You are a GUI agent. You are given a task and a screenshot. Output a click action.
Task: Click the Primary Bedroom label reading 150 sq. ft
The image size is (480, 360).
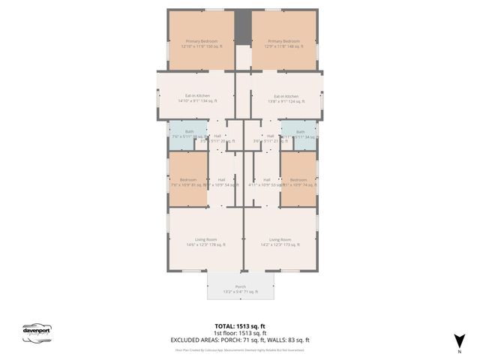pyautogui.click(x=202, y=43)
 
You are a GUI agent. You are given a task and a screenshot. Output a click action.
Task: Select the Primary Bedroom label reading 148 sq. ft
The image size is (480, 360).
pyautogui.click(x=283, y=43)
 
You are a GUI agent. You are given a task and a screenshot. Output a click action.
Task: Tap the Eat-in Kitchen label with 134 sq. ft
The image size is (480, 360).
pyautogui.click(x=197, y=98)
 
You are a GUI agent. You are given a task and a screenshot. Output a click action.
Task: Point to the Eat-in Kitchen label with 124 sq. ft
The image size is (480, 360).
pyautogui.click(x=286, y=98)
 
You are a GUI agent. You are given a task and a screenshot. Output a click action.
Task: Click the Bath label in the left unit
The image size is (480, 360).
pyautogui.click(x=188, y=134)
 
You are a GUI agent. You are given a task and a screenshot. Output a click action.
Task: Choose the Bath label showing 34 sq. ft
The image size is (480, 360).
pyautogui.click(x=301, y=134)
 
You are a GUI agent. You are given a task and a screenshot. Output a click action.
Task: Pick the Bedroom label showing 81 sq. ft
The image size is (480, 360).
pyautogui.click(x=188, y=182)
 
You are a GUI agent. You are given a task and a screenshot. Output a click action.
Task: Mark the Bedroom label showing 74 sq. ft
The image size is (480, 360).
pyautogui.click(x=298, y=182)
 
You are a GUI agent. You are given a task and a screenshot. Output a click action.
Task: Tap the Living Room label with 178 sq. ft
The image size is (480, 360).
pyautogui.click(x=196, y=242)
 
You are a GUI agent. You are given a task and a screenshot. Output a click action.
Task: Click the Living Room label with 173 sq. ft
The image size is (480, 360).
pyautogui.click(x=280, y=242)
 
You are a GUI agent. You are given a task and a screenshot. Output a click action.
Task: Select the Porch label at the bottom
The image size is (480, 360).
pyautogui.click(x=241, y=289)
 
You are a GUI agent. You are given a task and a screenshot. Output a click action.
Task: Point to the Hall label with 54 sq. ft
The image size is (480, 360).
pyautogui.click(x=222, y=182)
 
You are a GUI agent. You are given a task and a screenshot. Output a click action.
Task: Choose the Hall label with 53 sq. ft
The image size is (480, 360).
pyautogui.click(x=266, y=182)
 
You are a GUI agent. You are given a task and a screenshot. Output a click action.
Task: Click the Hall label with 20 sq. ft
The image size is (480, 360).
pyautogui.click(x=217, y=138)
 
